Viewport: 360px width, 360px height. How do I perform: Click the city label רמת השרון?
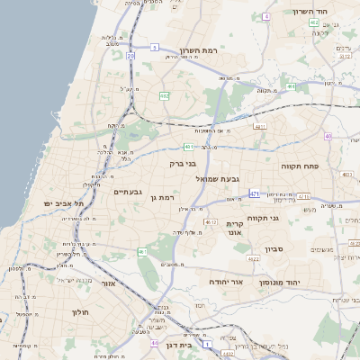click(200, 50)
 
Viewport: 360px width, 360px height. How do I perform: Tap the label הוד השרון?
click(314, 11)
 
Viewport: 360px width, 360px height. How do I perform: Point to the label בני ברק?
click(183, 164)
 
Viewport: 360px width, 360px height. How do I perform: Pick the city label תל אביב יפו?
click(64, 203)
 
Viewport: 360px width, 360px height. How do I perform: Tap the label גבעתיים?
click(128, 192)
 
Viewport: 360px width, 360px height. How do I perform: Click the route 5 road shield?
click(155, 47)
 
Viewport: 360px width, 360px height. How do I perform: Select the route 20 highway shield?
click(130, 56)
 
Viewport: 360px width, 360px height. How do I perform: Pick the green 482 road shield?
click(164, 94)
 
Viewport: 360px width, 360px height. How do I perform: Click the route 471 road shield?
click(255, 193)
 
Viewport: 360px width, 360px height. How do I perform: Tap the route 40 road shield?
click(328, 136)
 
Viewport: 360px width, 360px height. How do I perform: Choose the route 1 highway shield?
click(206, 343)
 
